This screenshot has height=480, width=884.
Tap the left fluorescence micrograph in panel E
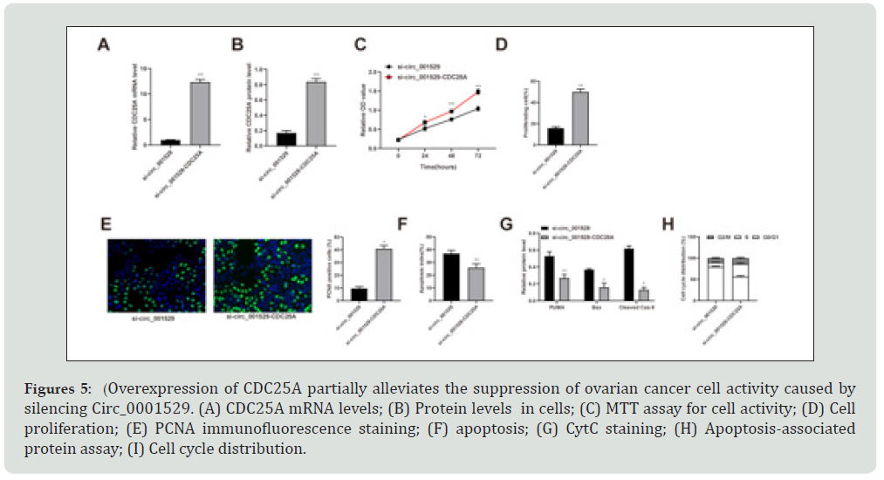point(156,276)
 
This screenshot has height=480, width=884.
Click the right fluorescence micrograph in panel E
point(263,276)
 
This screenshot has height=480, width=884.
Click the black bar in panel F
point(451,276)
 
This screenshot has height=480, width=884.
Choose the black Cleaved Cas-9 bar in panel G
point(628,273)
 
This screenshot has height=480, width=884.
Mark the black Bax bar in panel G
point(589,284)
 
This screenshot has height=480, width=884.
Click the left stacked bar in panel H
point(716,278)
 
